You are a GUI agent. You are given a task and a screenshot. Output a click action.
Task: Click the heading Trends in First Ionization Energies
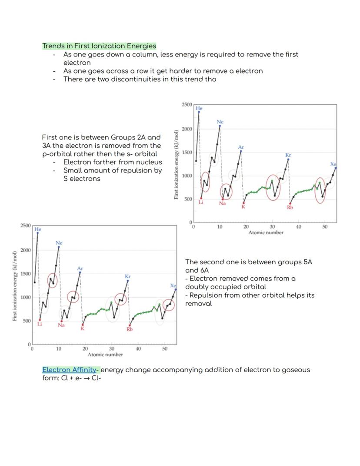[99, 46]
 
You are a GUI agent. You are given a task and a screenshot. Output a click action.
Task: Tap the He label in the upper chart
[199, 108]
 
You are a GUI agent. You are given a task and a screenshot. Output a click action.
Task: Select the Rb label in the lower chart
[129, 329]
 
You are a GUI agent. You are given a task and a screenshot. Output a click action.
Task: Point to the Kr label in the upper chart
[288, 155]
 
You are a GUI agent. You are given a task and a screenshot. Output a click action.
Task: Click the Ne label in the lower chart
[59, 243]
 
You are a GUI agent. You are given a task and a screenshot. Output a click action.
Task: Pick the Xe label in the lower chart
[173, 286]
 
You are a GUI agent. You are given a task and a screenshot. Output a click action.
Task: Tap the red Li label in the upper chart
[201, 203]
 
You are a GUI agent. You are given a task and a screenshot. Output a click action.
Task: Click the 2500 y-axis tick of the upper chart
[187, 105]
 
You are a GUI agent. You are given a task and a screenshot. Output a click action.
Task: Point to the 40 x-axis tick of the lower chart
[138, 349]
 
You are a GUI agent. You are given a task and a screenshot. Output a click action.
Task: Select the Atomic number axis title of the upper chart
[266, 233]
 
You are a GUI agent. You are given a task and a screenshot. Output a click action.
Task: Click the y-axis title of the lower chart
[15, 286]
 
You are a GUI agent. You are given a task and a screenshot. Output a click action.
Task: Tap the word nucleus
[147, 162]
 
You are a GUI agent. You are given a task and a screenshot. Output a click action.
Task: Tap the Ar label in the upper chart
[241, 148]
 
